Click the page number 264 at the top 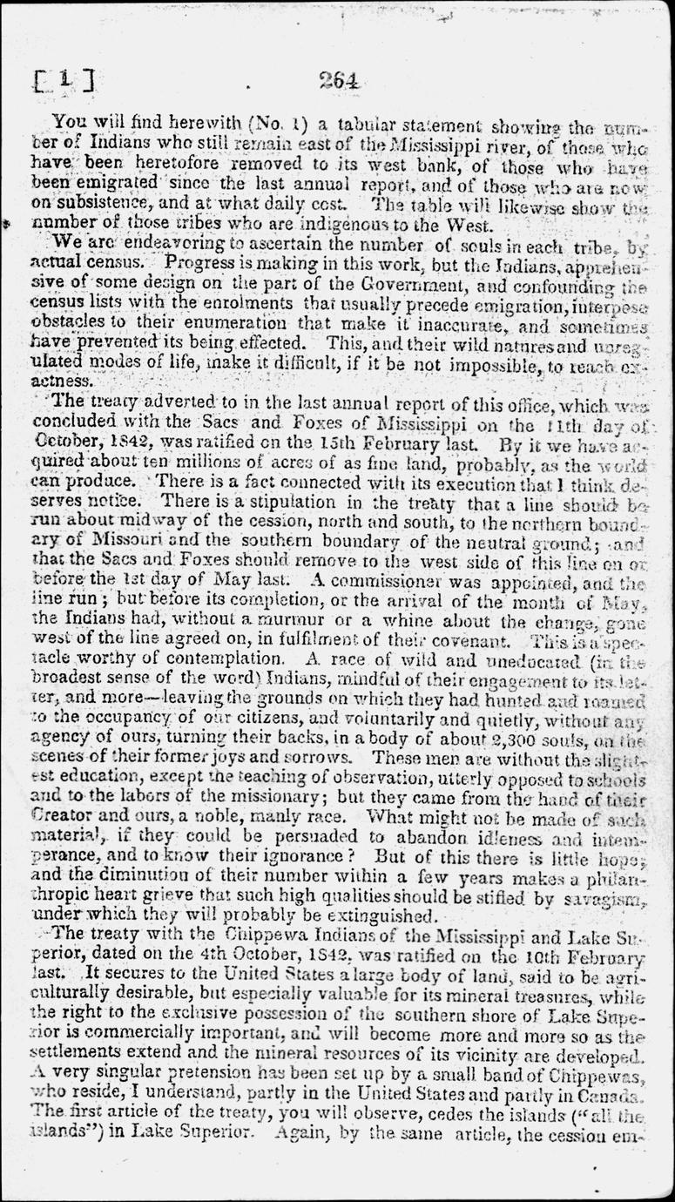click(x=339, y=80)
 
